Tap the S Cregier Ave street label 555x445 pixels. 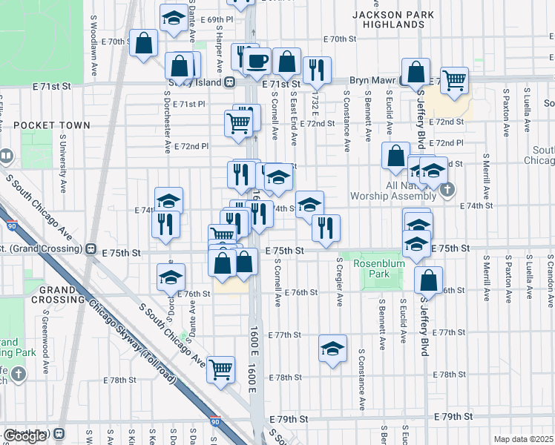[x=340, y=282]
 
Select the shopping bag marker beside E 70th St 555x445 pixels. [x=143, y=43]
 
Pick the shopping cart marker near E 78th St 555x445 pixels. [x=221, y=368]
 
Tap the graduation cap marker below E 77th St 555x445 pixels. [x=332, y=348]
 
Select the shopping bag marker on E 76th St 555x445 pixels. [x=428, y=280]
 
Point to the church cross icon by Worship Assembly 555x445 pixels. [x=446, y=190]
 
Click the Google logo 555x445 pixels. [x=24, y=436]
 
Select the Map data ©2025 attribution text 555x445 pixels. [x=523, y=439]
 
